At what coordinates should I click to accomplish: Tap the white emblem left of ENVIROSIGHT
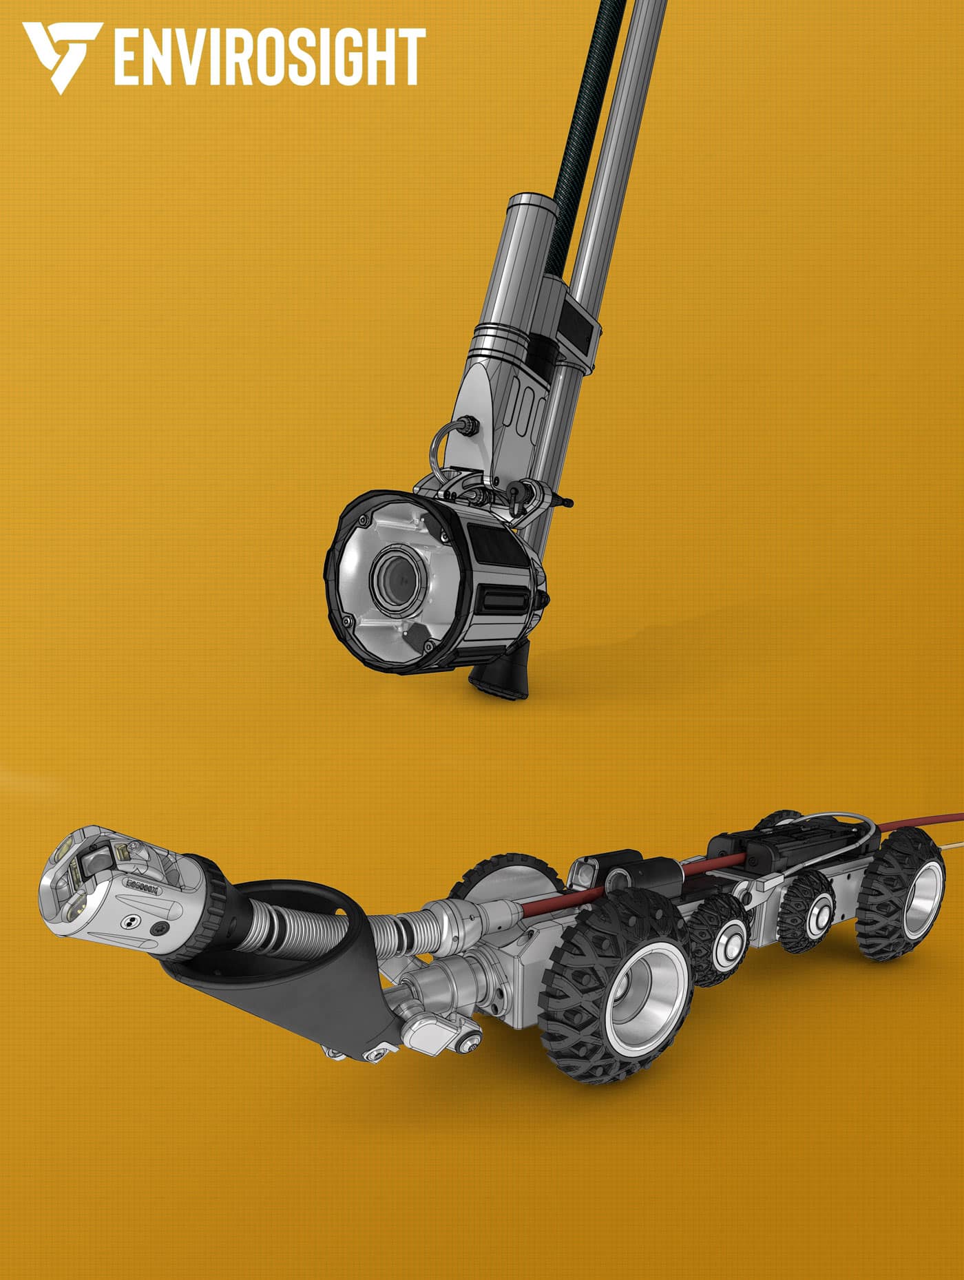click(63, 57)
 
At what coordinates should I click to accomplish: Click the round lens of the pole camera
click(397, 579)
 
